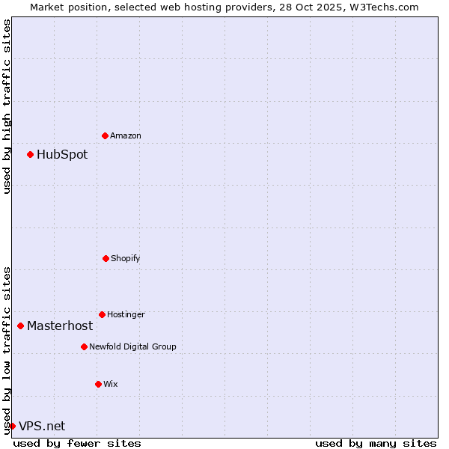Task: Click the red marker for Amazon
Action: (105, 135)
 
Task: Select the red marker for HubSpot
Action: (30, 154)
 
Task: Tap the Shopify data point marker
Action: (106, 258)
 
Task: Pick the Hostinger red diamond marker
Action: (102, 314)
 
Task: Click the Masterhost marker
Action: (20, 326)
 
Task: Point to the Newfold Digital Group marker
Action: (84, 346)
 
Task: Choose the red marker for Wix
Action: (98, 384)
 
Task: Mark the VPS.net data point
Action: (12, 426)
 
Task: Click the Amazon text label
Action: (126, 135)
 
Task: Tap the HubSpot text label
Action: (62, 155)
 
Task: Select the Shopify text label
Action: (126, 258)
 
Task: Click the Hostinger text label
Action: (126, 314)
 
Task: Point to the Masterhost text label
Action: (60, 326)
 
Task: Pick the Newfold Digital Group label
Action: (132, 346)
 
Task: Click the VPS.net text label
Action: (42, 427)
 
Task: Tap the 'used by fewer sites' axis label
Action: (77, 443)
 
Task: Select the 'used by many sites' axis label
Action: (376, 443)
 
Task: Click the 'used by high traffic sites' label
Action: (7, 106)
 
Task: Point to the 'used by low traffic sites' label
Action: (7, 349)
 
